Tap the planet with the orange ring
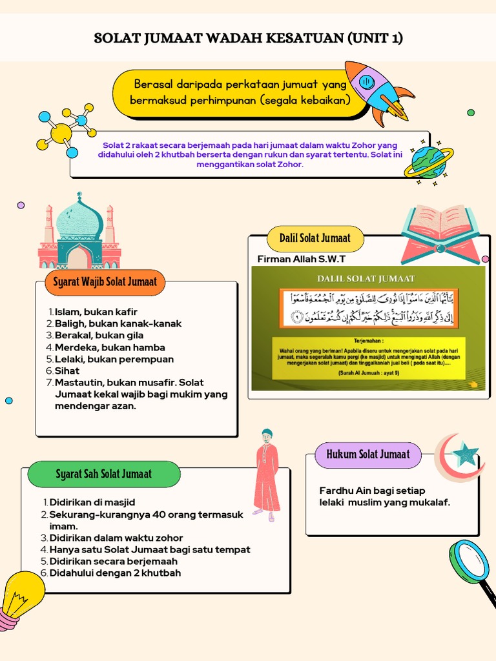pos(428,161)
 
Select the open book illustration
pos(440,232)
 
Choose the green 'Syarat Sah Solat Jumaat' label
pos(103,474)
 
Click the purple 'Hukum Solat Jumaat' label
pos(367,454)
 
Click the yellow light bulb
pos(23,595)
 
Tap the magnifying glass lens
pos(469,560)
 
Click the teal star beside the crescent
pos(465,456)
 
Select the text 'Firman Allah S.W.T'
pos(301,259)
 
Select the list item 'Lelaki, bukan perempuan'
pos(114,359)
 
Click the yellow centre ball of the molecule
pos(61,134)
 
